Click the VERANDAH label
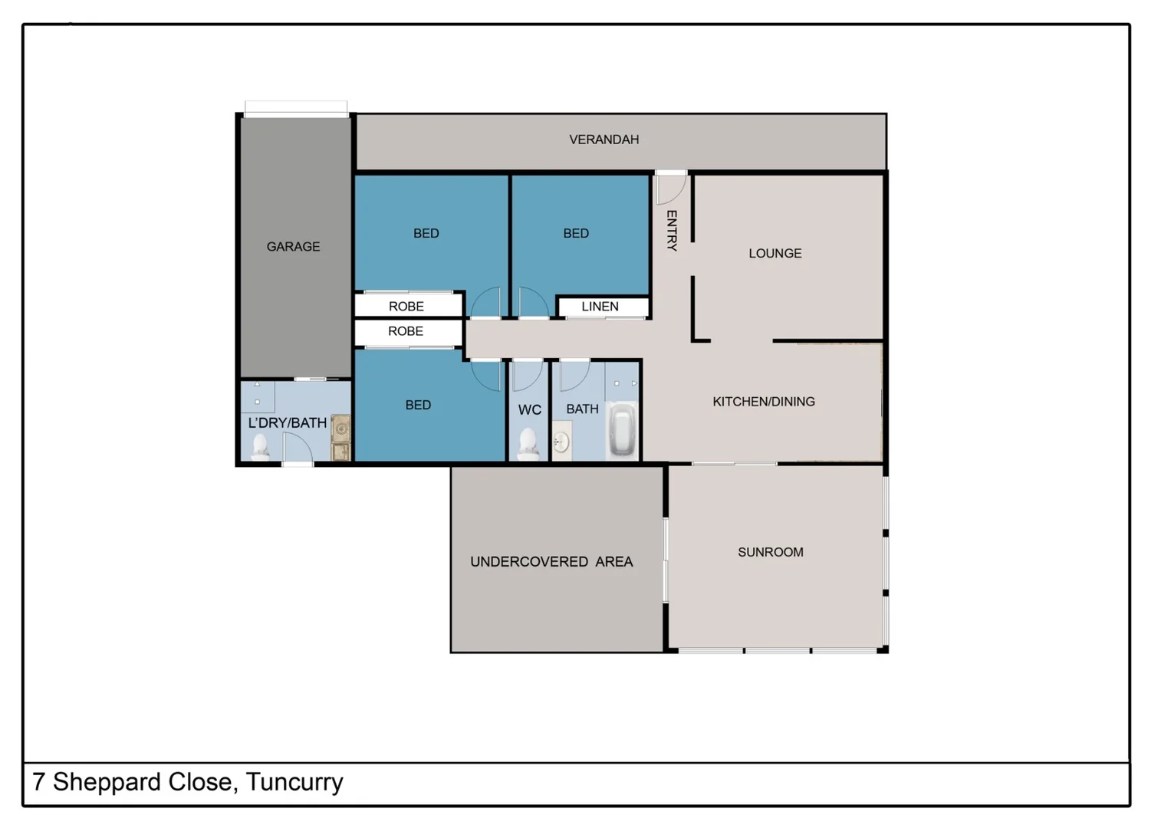pyautogui.click(x=604, y=140)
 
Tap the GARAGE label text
pyautogui.click(x=293, y=247)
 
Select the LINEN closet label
pyautogui.click(x=600, y=307)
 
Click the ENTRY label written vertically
pyautogui.click(x=672, y=230)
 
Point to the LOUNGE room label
pyautogui.click(x=775, y=254)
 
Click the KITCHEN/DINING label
pyautogui.click(x=763, y=402)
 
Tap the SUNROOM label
pyautogui.click(x=770, y=553)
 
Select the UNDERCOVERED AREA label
pyautogui.click(x=551, y=562)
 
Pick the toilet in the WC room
pyautogui.click(x=528, y=443)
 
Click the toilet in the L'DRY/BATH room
pyautogui.click(x=261, y=445)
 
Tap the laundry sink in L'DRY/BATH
pyautogui.click(x=340, y=438)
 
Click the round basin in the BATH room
pyautogui.click(x=561, y=442)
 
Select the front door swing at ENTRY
pyautogui.click(x=669, y=189)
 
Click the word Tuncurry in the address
pyautogui.click(x=294, y=783)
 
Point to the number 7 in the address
pyautogui.click(x=38, y=783)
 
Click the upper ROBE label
pyautogui.click(x=406, y=307)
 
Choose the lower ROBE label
pyautogui.click(x=406, y=331)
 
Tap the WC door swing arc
pyautogui.click(x=527, y=376)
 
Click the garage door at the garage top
pyautogui.click(x=296, y=109)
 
